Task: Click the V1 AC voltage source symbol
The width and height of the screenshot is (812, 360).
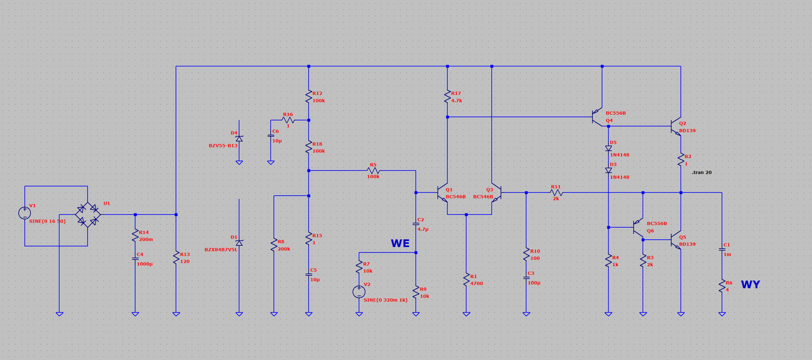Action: point(25,213)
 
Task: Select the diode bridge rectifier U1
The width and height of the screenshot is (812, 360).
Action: point(88,215)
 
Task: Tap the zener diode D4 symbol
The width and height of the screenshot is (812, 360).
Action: point(239,139)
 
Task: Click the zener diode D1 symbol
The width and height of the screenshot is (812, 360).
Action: point(239,243)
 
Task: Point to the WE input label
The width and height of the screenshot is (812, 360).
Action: point(400,243)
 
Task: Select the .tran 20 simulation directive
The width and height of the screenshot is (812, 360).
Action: point(702,172)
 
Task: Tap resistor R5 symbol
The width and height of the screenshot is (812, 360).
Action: point(373,171)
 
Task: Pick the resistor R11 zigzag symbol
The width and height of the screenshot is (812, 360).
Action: point(556,193)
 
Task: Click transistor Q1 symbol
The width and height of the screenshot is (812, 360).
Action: point(442,193)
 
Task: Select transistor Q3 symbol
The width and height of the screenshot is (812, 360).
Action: point(496,193)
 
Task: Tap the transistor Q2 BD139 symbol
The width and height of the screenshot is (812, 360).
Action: point(676,126)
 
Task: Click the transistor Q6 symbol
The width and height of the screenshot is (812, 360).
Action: point(638,227)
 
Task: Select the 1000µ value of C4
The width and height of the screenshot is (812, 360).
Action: point(145,264)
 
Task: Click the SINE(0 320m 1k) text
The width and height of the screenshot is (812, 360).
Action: point(385,300)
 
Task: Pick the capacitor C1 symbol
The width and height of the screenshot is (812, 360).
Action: point(722,249)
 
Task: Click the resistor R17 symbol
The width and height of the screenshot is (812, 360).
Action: point(447,97)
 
